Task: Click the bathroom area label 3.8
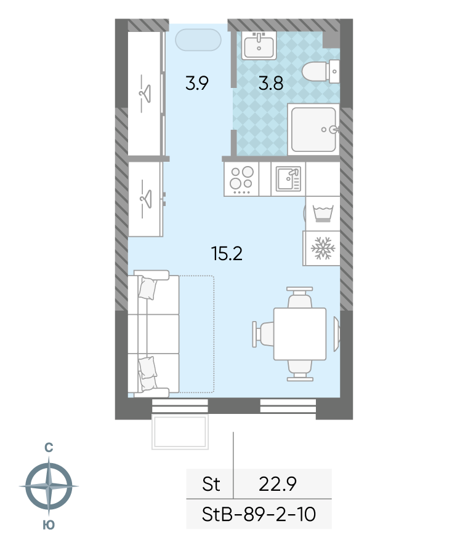[270, 84]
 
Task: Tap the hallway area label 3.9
[196, 84]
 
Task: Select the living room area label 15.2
[227, 253]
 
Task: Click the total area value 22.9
[278, 484]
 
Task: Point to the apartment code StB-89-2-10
[259, 514]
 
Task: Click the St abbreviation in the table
[211, 484]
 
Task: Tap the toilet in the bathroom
[321, 71]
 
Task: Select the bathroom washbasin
[259, 46]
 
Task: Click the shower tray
[313, 129]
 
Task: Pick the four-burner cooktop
[241, 179]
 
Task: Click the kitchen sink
[288, 178]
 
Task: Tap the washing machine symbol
[323, 213]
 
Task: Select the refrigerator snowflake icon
[323, 248]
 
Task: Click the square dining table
[300, 334]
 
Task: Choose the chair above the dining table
[300, 298]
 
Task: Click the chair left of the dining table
[263, 334]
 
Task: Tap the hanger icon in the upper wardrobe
[145, 93]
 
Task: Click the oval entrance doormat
[198, 40]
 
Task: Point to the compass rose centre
[49, 486]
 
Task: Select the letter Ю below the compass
[49, 525]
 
